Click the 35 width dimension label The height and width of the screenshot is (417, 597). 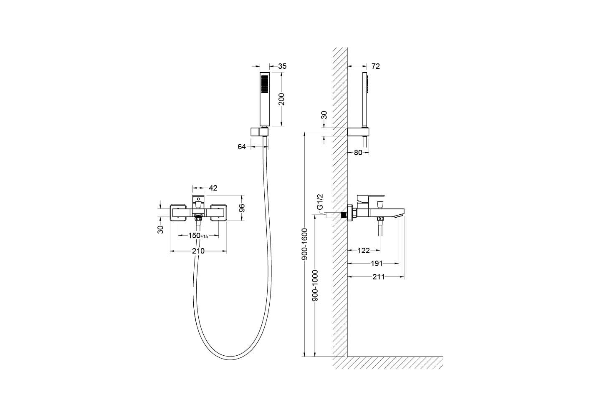coord(282,66)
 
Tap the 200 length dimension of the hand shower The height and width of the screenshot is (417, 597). coord(281,99)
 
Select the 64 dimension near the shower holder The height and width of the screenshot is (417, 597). coord(242,147)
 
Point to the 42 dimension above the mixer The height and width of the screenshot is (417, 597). coord(213,188)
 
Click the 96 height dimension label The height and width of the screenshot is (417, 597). coord(242,208)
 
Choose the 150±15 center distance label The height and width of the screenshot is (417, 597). coord(198,236)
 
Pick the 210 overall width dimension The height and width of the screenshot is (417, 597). coord(198,251)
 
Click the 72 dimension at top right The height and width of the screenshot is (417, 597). coord(375,66)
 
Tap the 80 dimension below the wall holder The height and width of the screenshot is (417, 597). coord(358,153)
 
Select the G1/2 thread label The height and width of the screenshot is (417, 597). coord(320,201)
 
